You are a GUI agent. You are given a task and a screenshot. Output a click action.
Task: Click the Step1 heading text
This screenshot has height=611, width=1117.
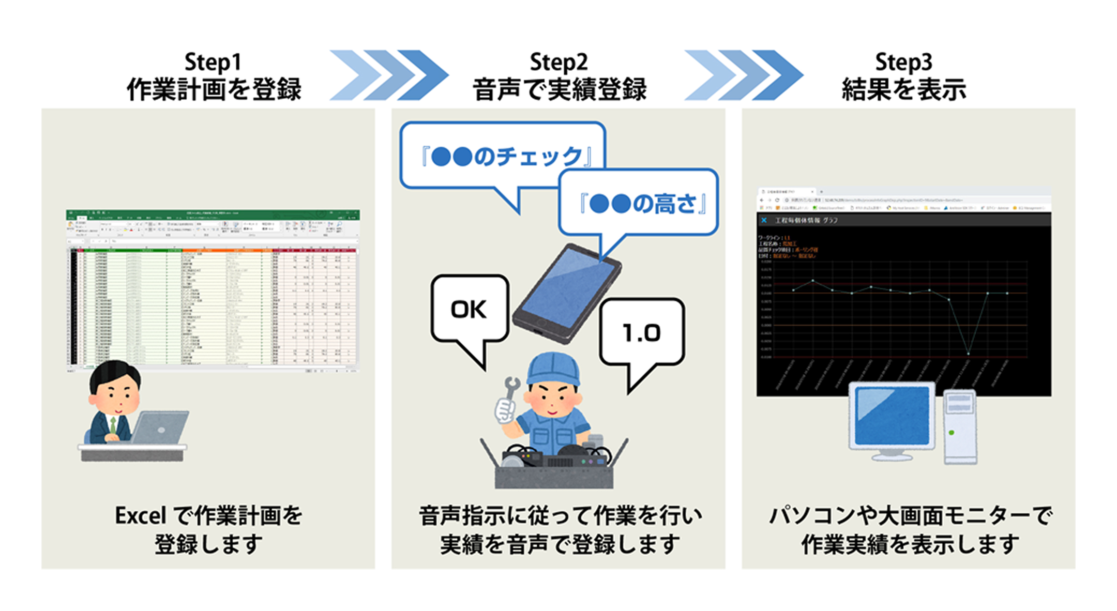click(213, 63)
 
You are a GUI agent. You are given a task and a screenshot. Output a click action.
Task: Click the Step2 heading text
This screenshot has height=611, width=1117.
click(558, 63)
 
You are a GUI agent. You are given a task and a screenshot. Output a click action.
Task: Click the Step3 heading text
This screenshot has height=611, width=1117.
click(903, 63)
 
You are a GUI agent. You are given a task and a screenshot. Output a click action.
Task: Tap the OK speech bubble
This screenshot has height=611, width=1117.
click(469, 310)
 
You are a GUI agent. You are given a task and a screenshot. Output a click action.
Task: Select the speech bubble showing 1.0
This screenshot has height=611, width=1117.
click(641, 333)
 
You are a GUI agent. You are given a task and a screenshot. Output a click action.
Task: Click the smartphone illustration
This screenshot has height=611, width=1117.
click(567, 292)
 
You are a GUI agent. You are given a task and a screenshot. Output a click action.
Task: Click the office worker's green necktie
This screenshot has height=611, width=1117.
click(113, 425)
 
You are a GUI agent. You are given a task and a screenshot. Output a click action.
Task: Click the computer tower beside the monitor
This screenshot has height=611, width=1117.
click(960, 427)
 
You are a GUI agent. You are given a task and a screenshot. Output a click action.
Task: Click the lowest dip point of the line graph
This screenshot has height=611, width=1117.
click(968, 354)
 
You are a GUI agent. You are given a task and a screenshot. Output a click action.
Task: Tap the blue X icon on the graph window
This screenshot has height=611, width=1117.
click(764, 220)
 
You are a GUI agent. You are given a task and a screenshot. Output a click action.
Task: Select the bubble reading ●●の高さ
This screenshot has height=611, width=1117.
click(642, 204)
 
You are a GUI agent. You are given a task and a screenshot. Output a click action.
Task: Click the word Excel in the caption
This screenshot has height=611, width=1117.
click(140, 516)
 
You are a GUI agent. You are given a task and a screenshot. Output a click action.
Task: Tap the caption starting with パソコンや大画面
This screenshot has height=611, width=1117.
click(910, 516)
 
